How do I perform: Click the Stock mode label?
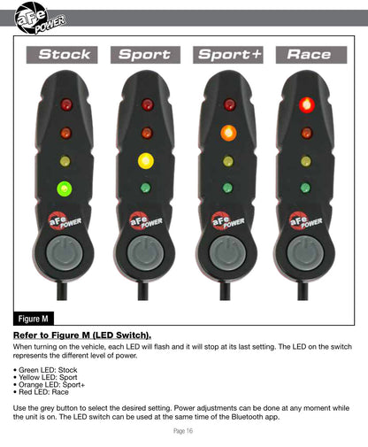pyautogui.click(x=62, y=55)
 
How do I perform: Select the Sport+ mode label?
pyautogui.click(x=228, y=55)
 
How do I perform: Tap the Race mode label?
pyautogui.click(x=311, y=55)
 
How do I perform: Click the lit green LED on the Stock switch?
pyautogui.click(x=65, y=189)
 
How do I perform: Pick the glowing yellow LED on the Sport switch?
pyautogui.click(x=146, y=161)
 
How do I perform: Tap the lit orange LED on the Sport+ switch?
pyautogui.click(x=228, y=133)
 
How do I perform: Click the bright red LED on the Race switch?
pyautogui.click(x=307, y=104)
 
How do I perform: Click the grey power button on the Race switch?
pyautogui.click(x=305, y=253)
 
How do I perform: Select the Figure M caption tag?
pyautogui.click(x=34, y=319)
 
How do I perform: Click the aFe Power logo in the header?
pyautogui.click(x=39, y=19)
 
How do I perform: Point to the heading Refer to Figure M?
pyautogui.click(x=82, y=335)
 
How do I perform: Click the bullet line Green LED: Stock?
pyautogui.click(x=45, y=370)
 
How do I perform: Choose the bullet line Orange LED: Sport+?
pyautogui.click(x=49, y=385)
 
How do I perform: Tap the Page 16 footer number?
pyautogui.click(x=183, y=431)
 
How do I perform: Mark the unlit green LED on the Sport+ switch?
pyautogui.click(x=227, y=188)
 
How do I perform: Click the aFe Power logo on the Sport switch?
pyautogui.click(x=146, y=220)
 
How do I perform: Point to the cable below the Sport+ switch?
pyautogui.click(x=225, y=291)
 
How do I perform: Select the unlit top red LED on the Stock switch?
pyautogui.click(x=66, y=104)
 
